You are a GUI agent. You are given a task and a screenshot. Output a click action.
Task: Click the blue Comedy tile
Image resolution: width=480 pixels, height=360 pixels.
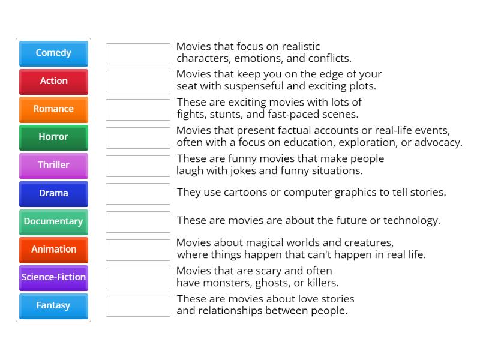[x=53, y=53]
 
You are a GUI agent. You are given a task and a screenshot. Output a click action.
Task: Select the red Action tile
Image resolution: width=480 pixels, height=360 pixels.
[x=53, y=81]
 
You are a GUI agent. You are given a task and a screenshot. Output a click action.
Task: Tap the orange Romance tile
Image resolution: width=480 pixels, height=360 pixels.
[x=53, y=109]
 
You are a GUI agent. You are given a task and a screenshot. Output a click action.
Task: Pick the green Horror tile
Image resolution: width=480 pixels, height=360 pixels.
[x=53, y=137]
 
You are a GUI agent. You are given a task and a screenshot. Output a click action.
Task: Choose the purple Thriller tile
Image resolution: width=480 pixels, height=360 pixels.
[x=53, y=165]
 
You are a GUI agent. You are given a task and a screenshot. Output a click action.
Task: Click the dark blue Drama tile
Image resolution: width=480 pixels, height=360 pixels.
[x=53, y=193]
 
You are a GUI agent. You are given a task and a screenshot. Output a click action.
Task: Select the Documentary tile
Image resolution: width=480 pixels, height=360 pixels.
[x=53, y=221]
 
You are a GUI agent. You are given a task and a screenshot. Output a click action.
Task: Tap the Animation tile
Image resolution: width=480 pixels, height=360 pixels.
[x=53, y=250]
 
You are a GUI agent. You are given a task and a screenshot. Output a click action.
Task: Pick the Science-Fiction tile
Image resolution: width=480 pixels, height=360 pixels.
[x=53, y=277]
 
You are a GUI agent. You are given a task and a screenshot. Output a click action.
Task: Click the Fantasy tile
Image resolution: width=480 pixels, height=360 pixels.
[x=53, y=305]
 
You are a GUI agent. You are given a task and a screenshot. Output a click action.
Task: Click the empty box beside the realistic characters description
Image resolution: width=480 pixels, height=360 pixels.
[x=138, y=53]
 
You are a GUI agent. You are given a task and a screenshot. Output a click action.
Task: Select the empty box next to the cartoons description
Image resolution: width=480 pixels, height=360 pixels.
[x=138, y=194]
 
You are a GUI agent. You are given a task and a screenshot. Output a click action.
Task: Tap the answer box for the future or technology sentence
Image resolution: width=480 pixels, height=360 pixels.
[x=138, y=222]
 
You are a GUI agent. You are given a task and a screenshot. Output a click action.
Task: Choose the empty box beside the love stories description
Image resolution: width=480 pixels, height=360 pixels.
[x=138, y=306]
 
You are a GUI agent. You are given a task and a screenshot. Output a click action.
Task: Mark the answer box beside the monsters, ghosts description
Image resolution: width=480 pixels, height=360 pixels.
[x=138, y=278]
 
